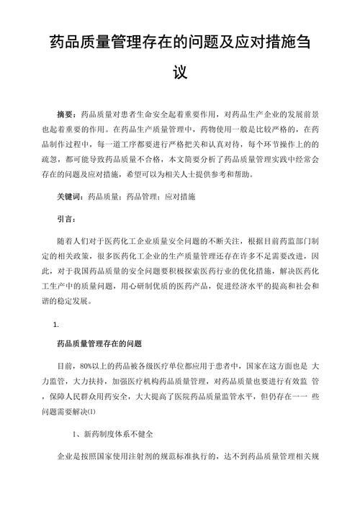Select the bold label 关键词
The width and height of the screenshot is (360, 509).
(70, 197)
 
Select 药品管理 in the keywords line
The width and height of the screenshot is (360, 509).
(143, 197)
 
